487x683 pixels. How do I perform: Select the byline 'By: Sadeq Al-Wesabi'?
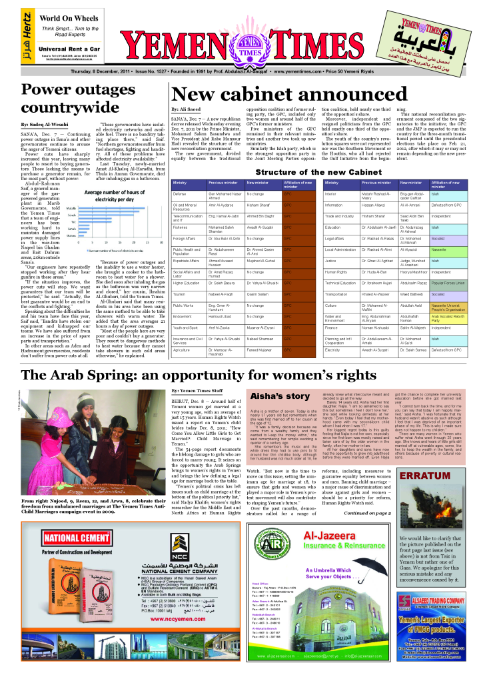44,125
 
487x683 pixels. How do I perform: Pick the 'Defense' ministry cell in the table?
179,193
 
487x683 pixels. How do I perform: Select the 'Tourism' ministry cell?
179,293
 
